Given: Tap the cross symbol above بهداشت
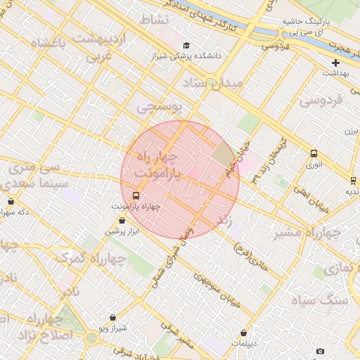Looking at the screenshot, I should [336, 63].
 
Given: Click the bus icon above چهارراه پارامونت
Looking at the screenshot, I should [136, 196].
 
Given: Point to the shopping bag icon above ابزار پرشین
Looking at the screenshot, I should [122, 221].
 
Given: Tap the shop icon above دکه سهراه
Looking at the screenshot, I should [11, 202].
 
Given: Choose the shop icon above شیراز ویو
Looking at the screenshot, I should [112, 318].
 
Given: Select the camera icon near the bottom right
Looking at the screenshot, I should [320, 351].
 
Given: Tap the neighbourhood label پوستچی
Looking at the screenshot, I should [159, 107].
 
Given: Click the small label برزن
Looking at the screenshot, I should [351, 131].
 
